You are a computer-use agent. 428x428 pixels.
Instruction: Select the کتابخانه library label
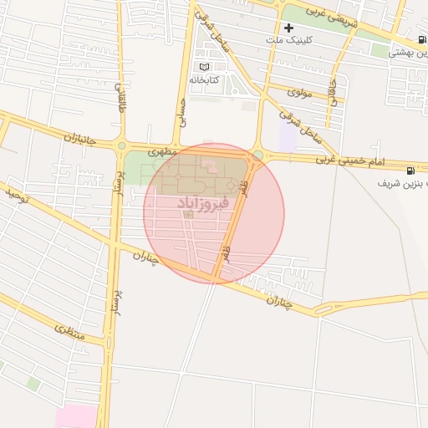tap(204, 79)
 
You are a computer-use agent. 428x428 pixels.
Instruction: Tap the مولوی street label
tap(299, 93)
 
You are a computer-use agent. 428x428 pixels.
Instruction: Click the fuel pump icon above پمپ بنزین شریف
tap(410, 171)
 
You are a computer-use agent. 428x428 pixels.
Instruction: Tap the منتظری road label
tap(69, 332)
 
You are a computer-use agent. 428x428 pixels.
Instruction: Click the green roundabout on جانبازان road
tap(122, 145)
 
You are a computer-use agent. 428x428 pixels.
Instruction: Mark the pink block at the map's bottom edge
tap(77, 416)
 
